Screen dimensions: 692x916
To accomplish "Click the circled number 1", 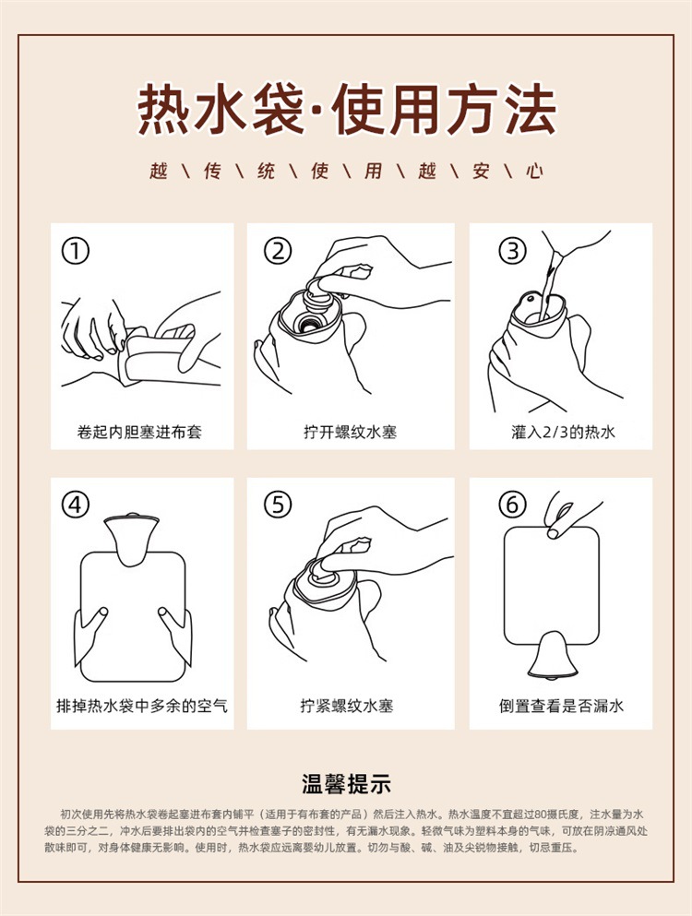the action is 76,251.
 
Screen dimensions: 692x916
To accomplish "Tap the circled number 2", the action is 278,251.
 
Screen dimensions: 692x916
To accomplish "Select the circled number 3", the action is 513,251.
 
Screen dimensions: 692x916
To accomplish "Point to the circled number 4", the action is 76,505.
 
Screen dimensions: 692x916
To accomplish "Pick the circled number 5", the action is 278,505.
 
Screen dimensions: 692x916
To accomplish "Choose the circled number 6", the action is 513,505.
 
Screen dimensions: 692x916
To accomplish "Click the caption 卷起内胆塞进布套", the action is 139,433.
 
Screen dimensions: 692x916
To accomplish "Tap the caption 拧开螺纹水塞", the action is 350,433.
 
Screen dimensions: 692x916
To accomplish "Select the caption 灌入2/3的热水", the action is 563,433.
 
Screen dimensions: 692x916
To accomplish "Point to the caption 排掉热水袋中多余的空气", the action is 141,706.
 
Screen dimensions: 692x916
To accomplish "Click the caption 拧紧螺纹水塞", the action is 347,706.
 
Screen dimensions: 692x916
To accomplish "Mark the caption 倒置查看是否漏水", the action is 561,706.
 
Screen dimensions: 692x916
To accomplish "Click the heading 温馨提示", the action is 346,784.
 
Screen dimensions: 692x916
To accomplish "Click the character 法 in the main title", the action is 531,109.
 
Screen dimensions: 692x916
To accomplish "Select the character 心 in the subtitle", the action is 534,171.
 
